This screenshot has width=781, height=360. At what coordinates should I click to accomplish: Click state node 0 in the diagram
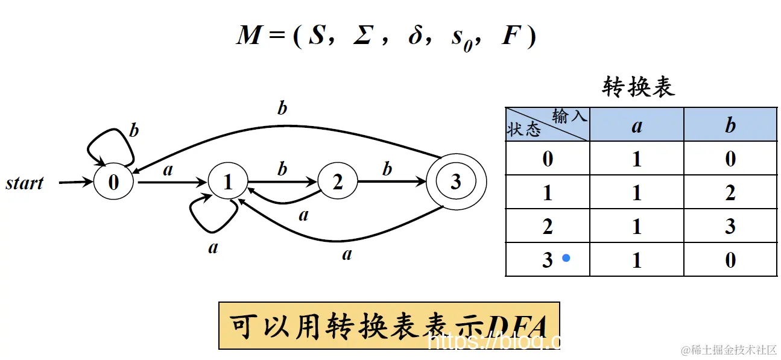pyautogui.click(x=113, y=182)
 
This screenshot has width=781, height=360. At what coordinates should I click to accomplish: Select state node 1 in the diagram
pyautogui.click(x=227, y=182)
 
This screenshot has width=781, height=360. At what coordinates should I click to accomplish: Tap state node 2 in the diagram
pyautogui.click(x=337, y=182)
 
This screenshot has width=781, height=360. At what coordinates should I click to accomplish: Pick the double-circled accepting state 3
pyautogui.click(x=455, y=182)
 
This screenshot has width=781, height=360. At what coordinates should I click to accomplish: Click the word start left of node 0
pyautogui.click(x=25, y=183)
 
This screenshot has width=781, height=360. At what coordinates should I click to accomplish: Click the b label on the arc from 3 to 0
pyautogui.click(x=282, y=109)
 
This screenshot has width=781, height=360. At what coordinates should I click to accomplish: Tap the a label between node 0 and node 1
pyautogui.click(x=168, y=170)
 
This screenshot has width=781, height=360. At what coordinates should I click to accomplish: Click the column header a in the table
pyautogui.click(x=637, y=125)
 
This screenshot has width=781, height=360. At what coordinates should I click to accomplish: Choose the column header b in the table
pyautogui.click(x=730, y=125)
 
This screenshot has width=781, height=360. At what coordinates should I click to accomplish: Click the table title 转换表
pyautogui.click(x=638, y=88)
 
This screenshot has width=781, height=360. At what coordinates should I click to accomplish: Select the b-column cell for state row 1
pyautogui.click(x=730, y=192)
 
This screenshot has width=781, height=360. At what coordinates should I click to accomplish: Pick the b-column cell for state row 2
pyautogui.click(x=730, y=226)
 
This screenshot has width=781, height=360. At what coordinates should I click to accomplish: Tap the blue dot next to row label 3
pyautogui.click(x=566, y=258)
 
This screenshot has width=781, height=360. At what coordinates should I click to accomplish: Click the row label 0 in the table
pyautogui.click(x=548, y=159)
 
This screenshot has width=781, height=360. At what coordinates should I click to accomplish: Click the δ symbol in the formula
pyautogui.click(x=416, y=36)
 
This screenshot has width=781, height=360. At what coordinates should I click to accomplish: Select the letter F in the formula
pyautogui.click(x=510, y=36)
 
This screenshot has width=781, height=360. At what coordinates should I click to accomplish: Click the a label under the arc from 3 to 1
pyautogui.click(x=347, y=254)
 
